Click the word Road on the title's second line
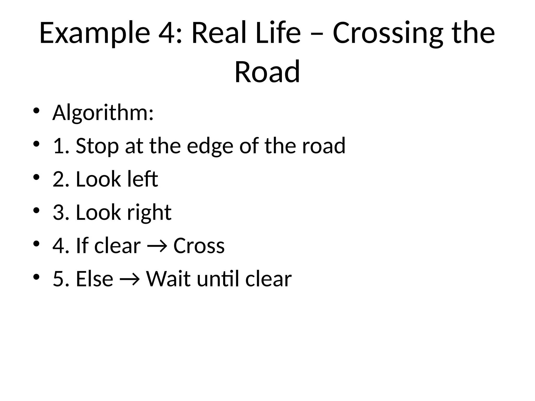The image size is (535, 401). (267, 72)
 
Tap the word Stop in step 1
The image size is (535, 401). (97, 146)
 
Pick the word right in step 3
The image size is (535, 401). (149, 213)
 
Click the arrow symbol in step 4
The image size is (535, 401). (157, 246)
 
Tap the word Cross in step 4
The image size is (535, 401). (199, 246)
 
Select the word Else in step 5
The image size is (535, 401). (94, 279)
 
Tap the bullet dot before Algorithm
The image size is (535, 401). (36, 111)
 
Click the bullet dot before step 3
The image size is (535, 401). (36, 210)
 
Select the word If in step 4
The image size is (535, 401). (82, 246)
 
